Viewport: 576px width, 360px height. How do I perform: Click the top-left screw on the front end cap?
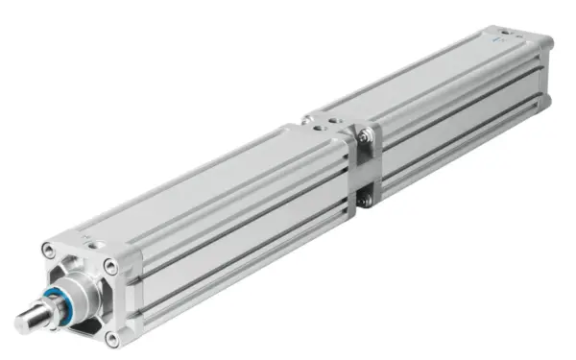coord(48,252)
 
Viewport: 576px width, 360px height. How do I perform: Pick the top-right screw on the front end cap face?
coord(111,268)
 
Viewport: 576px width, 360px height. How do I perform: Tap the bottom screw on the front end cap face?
coord(113,336)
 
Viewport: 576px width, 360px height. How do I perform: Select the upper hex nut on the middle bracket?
coord(364,139)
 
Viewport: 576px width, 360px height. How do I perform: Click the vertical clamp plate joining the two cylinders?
coord(365,169)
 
